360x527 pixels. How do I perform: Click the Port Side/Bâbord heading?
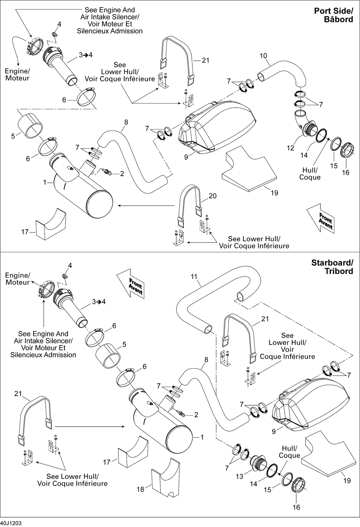[334, 15]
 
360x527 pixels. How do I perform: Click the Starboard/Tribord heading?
[332, 267]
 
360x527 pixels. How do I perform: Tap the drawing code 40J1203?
[11, 523]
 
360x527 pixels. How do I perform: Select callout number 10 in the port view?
[263, 56]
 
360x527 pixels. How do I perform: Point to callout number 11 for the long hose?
[194, 276]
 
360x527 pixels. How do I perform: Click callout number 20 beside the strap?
[212, 196]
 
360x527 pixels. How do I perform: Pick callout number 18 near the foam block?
[140, 489]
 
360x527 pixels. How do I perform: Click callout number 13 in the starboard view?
[239, 476]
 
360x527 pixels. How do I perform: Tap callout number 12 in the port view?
[291, 148]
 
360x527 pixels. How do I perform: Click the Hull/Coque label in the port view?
[310, 174]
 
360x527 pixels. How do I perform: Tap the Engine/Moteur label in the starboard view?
[18, 279]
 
